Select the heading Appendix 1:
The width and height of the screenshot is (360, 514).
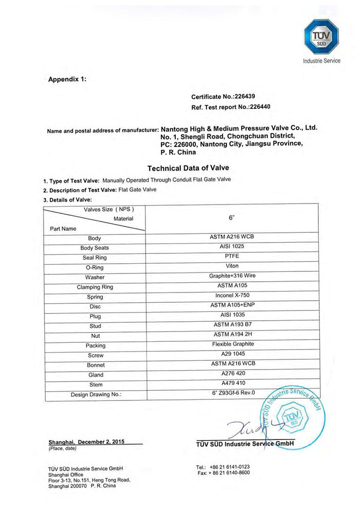pyautogui.click(x=67, y=80)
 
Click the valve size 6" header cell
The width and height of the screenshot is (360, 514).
pyautogui.click(x=231, y=217)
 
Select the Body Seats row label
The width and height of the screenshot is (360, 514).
pyautogui.click(x=95, y=248)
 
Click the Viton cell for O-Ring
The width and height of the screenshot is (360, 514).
pyautogui.click(x=232, y=266)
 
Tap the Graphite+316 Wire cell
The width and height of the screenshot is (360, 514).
pyautogui.click(x=232, y=276)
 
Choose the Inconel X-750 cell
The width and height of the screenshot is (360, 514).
pyautogui.click(x=232, y=296)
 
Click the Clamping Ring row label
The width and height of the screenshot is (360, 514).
pyautogui.click(x=95, y=287)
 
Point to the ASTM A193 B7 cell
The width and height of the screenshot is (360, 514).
pyautogui.click(x=232, y=325)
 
